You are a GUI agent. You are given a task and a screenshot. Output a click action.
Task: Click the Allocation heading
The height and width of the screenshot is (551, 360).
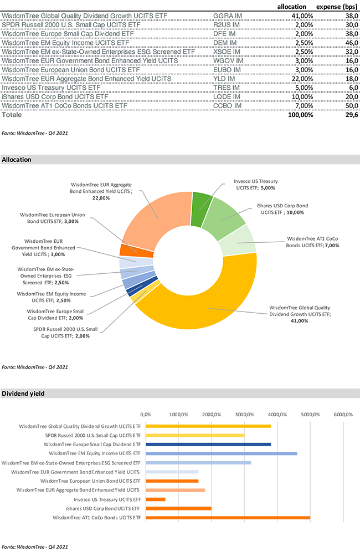(x=17, y=160)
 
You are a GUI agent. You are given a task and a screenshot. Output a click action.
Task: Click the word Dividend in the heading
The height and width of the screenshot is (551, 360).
(x=16, y=394)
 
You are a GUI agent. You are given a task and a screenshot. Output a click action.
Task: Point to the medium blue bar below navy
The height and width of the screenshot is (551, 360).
(x=222, y=453)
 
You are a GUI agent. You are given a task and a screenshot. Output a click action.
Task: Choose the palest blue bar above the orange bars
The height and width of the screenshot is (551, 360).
(x=172, y=472)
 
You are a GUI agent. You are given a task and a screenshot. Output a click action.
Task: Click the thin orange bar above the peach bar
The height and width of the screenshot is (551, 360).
(x=174, y=481)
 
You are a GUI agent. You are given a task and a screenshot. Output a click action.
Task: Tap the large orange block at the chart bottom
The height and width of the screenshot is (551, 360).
(x=227, y=527)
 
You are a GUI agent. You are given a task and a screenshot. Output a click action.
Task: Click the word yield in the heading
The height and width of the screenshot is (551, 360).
(x=37, y=394)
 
